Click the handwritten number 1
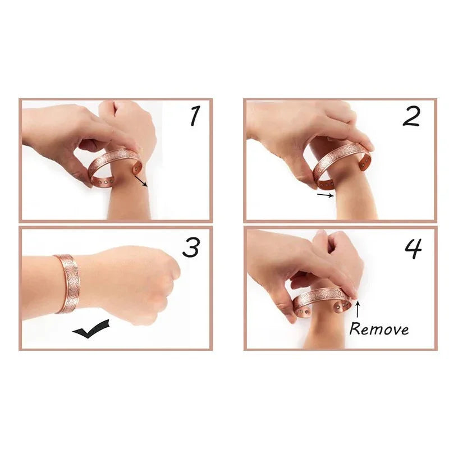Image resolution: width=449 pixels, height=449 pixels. (195, 116)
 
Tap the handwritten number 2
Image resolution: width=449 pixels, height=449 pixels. (411, 116)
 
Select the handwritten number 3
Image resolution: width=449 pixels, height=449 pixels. (191, 248)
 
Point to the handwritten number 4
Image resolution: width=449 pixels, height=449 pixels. (413, 249)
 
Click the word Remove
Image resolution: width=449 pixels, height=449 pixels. (379, 329)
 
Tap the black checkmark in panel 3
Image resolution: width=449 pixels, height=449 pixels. (91, 329)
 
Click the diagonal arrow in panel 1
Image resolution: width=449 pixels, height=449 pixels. (141, 181)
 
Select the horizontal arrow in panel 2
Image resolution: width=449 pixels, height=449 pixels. (326, 195)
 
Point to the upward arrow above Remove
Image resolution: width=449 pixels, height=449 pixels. (358, 309)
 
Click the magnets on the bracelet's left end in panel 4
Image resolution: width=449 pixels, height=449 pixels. (304, 311)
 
